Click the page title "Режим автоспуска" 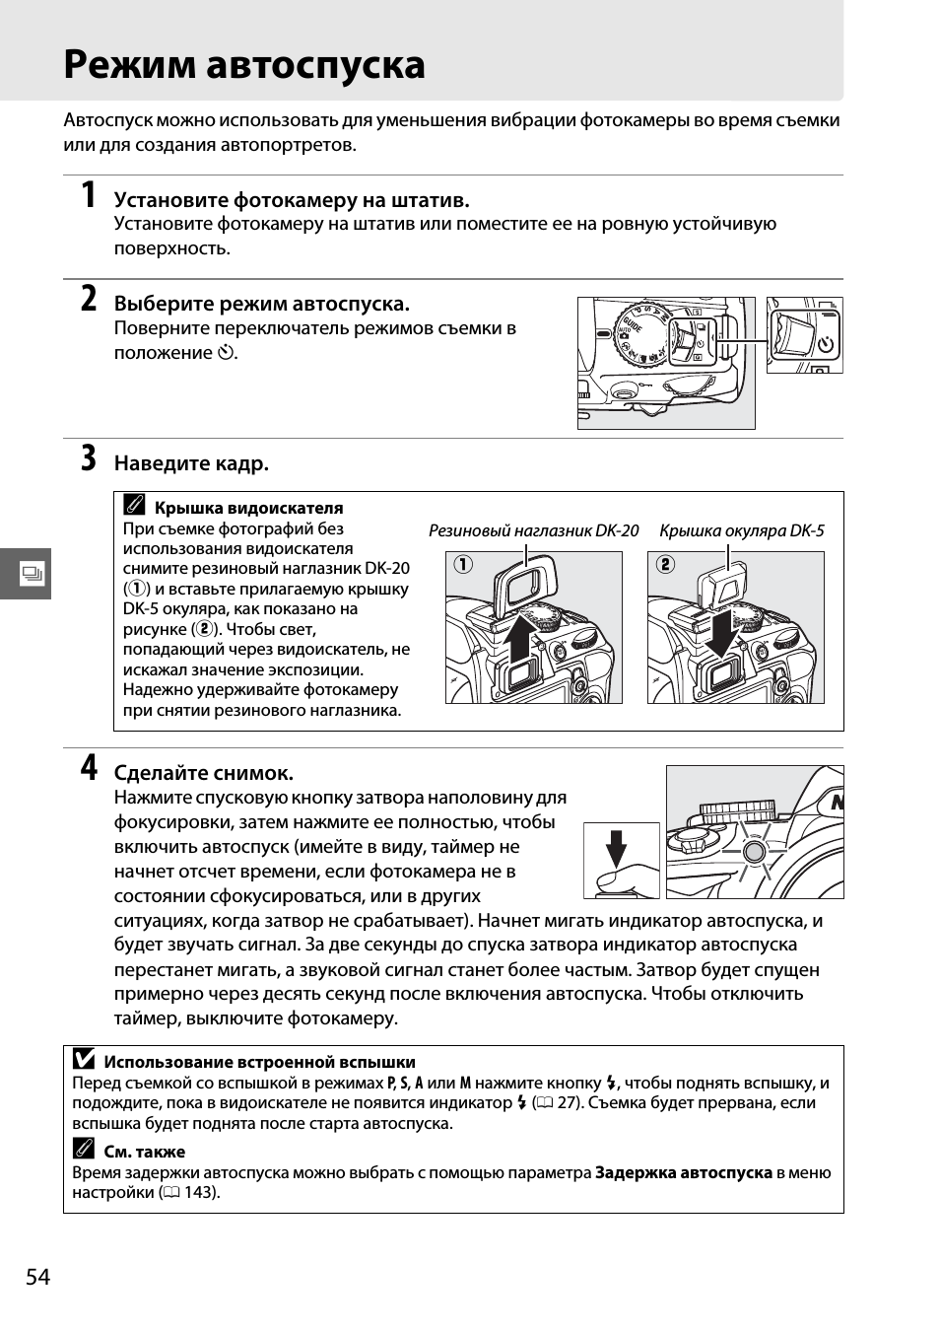tap(244, 64)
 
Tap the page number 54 tap(37, 1277)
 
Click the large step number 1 tap(89, 195)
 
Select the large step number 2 tap(89, 299)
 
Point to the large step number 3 tap(89, 458)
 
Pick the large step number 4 tap(89, 768)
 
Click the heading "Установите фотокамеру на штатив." tap(292, 200)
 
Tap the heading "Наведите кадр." tap(191, 463)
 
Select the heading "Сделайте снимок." tap(204, 773)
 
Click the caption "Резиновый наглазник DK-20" tap(533, 530)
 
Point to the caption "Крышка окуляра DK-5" tap(741, 530)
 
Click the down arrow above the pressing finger tap(617, 846)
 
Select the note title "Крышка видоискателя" tap(248, 508)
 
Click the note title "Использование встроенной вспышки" tap(259, 1062)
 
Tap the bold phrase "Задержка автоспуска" tap(683, 1172)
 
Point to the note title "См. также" tap(144, 1152)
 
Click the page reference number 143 tap(199, 1192)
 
